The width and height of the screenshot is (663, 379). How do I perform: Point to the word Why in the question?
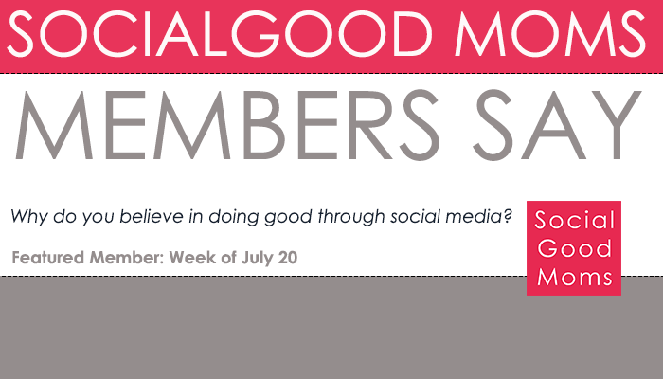click(x=27, y=217)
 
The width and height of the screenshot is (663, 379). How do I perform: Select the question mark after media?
click(x=509, y=217)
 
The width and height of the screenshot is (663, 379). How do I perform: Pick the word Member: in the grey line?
click(x=127, y=258)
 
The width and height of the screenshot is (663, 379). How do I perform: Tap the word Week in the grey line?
click(x=190, y=258)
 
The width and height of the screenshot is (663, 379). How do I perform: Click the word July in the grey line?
click(x=251, y=258)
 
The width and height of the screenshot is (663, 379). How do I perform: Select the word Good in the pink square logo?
click(x=573, y=249)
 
